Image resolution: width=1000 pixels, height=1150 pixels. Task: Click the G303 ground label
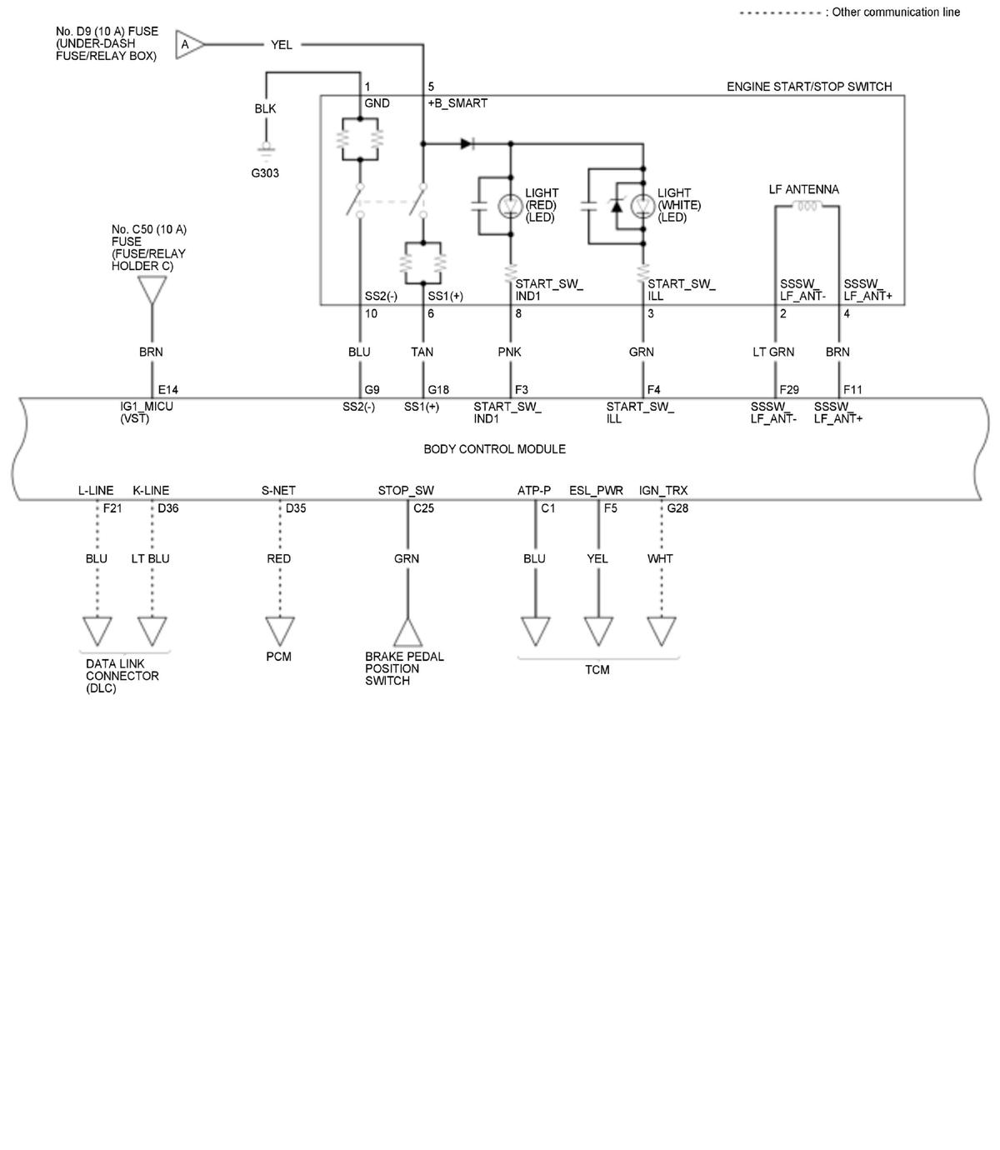265,173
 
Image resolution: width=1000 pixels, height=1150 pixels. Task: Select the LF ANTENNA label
803,190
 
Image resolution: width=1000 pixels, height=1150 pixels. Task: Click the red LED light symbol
510,206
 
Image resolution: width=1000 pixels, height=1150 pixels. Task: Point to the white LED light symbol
642,206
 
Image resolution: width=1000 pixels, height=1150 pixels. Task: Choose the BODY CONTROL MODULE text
494,449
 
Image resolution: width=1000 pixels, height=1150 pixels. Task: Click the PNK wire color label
509,352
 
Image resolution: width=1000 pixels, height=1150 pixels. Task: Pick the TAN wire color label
422,352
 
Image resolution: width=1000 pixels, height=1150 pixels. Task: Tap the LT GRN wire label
773,352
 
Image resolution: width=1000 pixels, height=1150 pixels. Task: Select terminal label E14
167,390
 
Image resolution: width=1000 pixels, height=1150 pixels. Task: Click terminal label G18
438,390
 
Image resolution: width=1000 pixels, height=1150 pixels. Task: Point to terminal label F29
789,390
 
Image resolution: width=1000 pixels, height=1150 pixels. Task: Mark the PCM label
278,657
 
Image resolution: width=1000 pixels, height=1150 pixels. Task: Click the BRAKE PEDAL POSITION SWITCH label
404,668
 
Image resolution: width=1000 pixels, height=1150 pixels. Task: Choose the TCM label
597,670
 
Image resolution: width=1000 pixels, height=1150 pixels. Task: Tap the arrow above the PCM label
279,630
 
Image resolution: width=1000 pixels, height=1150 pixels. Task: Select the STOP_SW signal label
406,491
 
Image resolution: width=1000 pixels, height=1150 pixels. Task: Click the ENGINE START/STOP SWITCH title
808,87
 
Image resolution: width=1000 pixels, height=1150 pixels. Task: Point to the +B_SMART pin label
457,103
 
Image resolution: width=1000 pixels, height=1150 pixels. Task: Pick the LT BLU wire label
150,559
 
